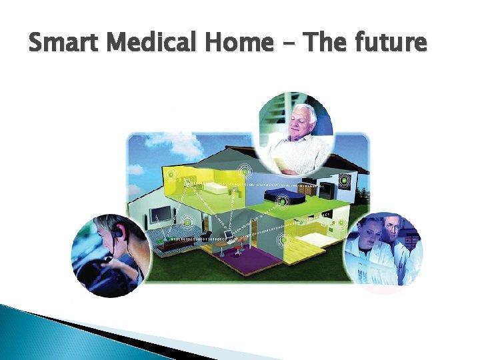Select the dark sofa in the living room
(175, 245)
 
